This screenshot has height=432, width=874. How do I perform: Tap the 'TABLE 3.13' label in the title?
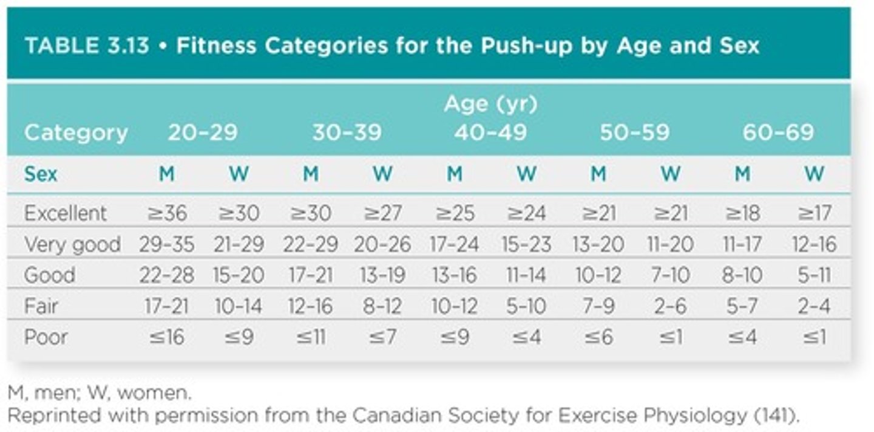[x=86, y=46]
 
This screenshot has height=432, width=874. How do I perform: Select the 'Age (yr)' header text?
[x=490, y=105]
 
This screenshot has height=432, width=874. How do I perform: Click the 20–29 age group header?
[x=203, y=133]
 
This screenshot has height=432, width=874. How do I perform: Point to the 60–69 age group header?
[x=778, y=133]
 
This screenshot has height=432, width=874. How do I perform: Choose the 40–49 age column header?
[x=490, y=133]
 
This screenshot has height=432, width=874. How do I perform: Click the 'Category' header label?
[x=76, y=133]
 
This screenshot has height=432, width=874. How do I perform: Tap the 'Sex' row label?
[x=41, y=174]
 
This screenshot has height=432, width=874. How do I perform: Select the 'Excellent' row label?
[x=65, y=213]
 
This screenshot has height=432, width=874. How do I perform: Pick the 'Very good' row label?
[x=72, y=244]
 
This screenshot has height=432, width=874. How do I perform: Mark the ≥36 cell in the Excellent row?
[x=167, y=213]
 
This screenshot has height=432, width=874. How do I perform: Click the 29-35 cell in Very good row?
[x=167, y=244]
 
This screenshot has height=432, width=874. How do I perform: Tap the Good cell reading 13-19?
[x=382, y=275]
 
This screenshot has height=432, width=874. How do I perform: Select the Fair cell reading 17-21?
[x=167, y=306]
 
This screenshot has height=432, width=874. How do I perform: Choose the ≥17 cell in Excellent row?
[x=814, y=213]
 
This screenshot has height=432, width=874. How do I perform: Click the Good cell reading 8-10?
[x=742, y=275]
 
